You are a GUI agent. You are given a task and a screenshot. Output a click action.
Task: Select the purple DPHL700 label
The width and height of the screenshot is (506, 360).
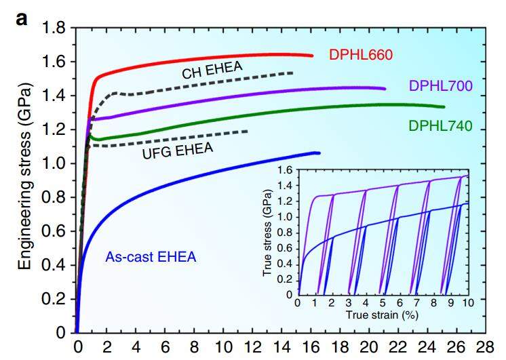(x=440, y=86)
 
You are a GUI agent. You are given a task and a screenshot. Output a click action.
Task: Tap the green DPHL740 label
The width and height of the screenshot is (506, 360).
(x=440, y=125)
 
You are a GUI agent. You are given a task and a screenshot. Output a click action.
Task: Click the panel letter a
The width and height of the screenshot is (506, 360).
(x=22, y=18)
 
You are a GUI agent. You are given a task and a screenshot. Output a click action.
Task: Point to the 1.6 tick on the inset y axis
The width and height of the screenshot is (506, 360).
(x=285, y=170)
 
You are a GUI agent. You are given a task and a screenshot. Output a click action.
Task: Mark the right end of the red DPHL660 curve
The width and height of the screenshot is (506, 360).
(x=312, y=56)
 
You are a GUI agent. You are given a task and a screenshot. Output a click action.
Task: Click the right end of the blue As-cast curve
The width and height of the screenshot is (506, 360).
(x=318, y=153)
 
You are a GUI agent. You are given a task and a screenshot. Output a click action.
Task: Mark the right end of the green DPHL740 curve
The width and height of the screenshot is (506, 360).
(x=444, y=106)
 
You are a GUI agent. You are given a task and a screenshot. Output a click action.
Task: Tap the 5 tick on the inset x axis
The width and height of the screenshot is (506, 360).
(x=382, y=304)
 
